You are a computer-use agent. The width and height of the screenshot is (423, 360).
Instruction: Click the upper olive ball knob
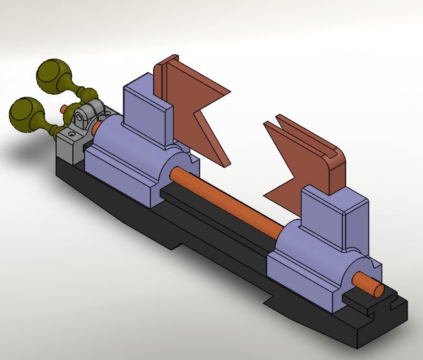[54, 74]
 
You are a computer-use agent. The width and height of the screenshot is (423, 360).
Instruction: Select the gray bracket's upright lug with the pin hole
[82, 117]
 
